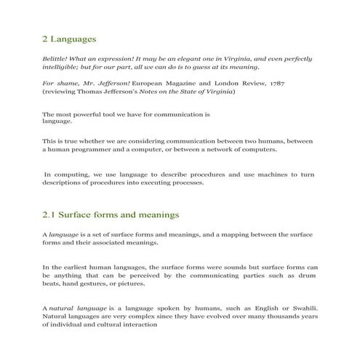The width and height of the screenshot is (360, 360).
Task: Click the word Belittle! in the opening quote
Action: (57, 57)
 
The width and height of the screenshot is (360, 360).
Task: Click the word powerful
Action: (87, 114)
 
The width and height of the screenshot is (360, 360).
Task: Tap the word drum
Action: (309, 276)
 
